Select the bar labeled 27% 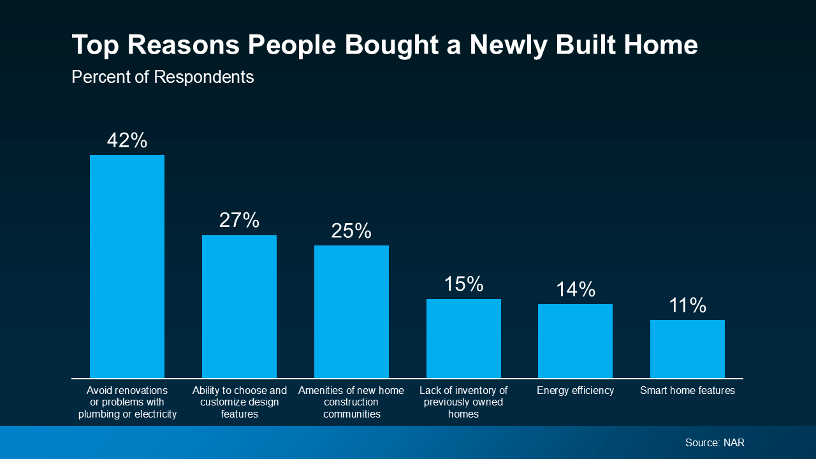[239, 307]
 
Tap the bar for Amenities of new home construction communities [351, 312]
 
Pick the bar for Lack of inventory [463, 339]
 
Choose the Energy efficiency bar [575, 341]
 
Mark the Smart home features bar [687, 349]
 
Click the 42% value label [127, 140]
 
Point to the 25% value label [351, 231]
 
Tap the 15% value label [463, 284]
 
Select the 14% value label [575, 289]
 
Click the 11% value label [687, 305]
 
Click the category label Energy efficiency [575, 391]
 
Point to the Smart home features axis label [687, 391]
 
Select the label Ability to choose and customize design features [239, 402]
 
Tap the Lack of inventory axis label [463, 402]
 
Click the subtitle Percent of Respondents [163, 77]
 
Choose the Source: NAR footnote [715, 442]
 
